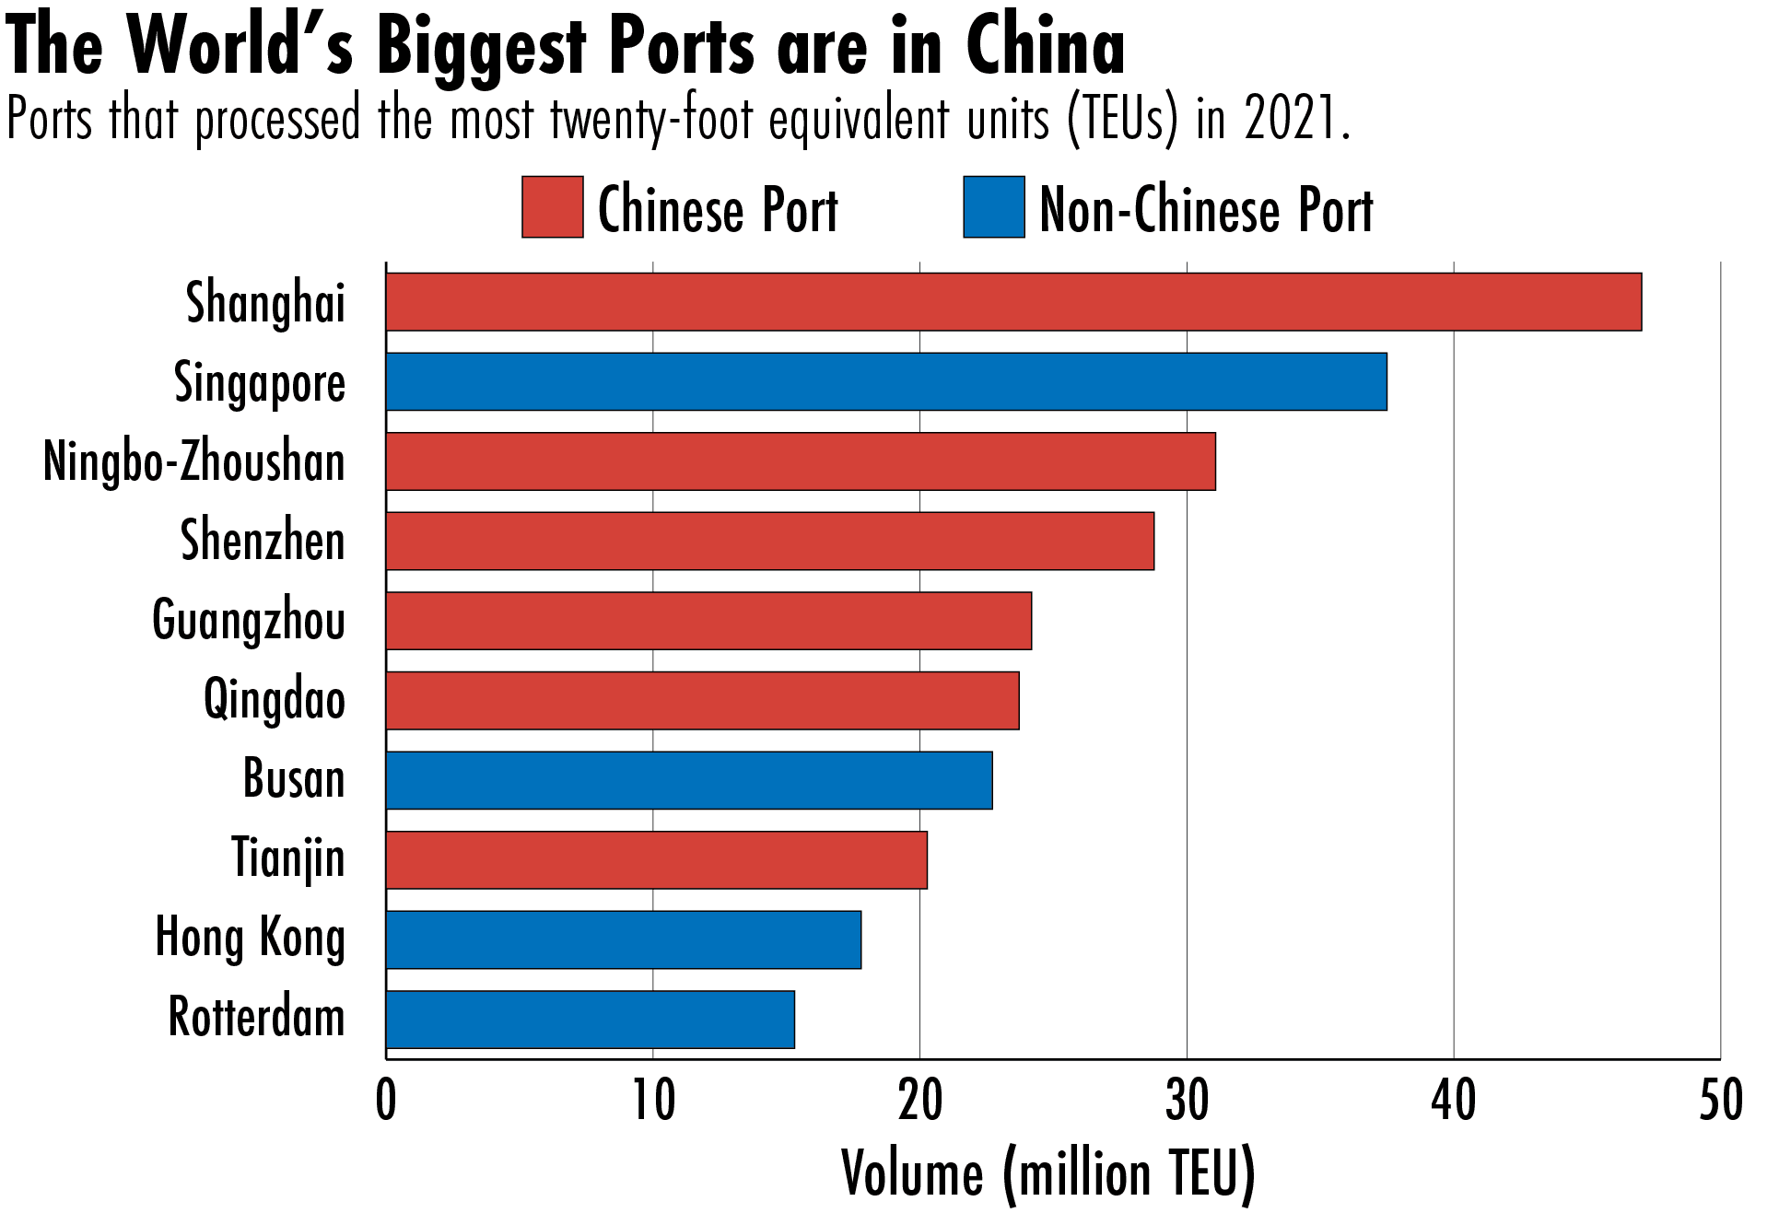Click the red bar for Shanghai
click(x=1013, y=301)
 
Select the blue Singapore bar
click(x=886, y=381)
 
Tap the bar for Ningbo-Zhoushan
click(x=801, y=461)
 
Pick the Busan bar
click(x=689, y=780)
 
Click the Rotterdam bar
click(x=590, y=1020)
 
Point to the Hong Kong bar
click(x=624, y=939)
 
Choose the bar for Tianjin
click(x=656, y=860)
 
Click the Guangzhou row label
click(x=249, y=621)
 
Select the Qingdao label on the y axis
click(x=274, y=700)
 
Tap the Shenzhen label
click(x=263, y=541)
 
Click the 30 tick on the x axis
click(x=1187, y=1101)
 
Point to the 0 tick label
click(x=386, y=1101)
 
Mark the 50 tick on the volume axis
click(x=1720, y=1101)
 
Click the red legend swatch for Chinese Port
click(x=552, y=207)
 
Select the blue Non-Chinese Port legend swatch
click(x=993, y=207)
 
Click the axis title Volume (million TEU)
click(x=1048, y=1173)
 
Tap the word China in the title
click(x=1045, y=46)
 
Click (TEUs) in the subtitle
click(x=1122, y=120)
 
